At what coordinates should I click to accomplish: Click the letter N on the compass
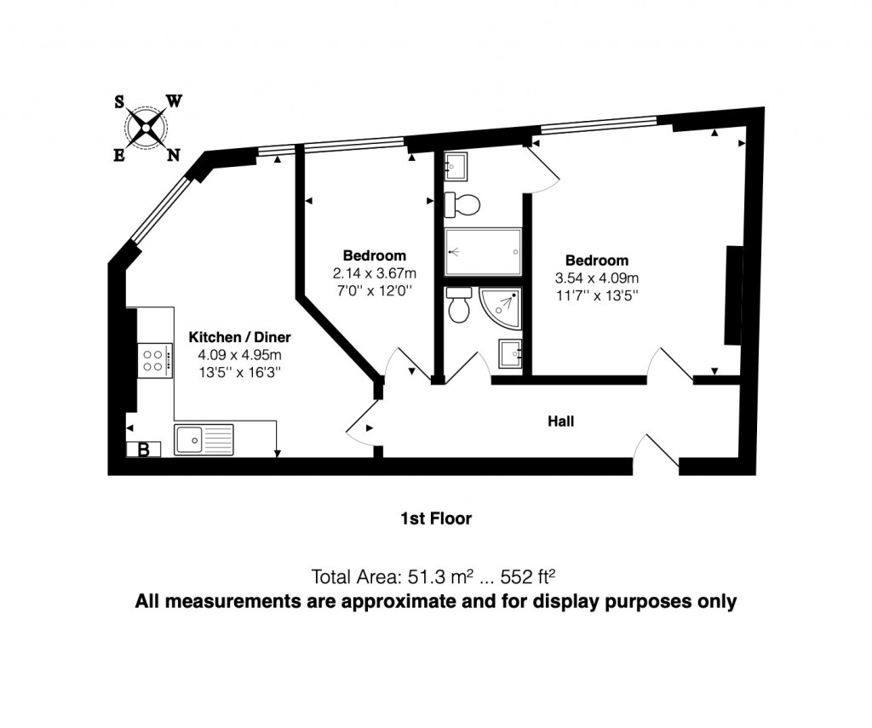tap(173, 155)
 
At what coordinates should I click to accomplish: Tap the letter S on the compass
tap(120, 102)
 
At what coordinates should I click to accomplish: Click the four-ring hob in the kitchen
tap(154, 358)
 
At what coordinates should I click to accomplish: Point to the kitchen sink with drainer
tap(204, 439)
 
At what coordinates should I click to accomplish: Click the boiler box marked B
tap(143, 450)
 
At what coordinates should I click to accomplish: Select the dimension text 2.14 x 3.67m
tap(374, 273)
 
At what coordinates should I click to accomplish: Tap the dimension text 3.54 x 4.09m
tap(596, 278)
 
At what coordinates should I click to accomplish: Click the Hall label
tap(560, 421)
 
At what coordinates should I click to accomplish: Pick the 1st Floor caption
tap(436, 518)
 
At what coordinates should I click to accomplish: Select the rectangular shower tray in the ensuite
tap(482, 252)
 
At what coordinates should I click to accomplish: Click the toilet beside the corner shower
tap(459, 306)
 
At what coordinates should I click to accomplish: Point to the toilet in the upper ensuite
tap(462, 204)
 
